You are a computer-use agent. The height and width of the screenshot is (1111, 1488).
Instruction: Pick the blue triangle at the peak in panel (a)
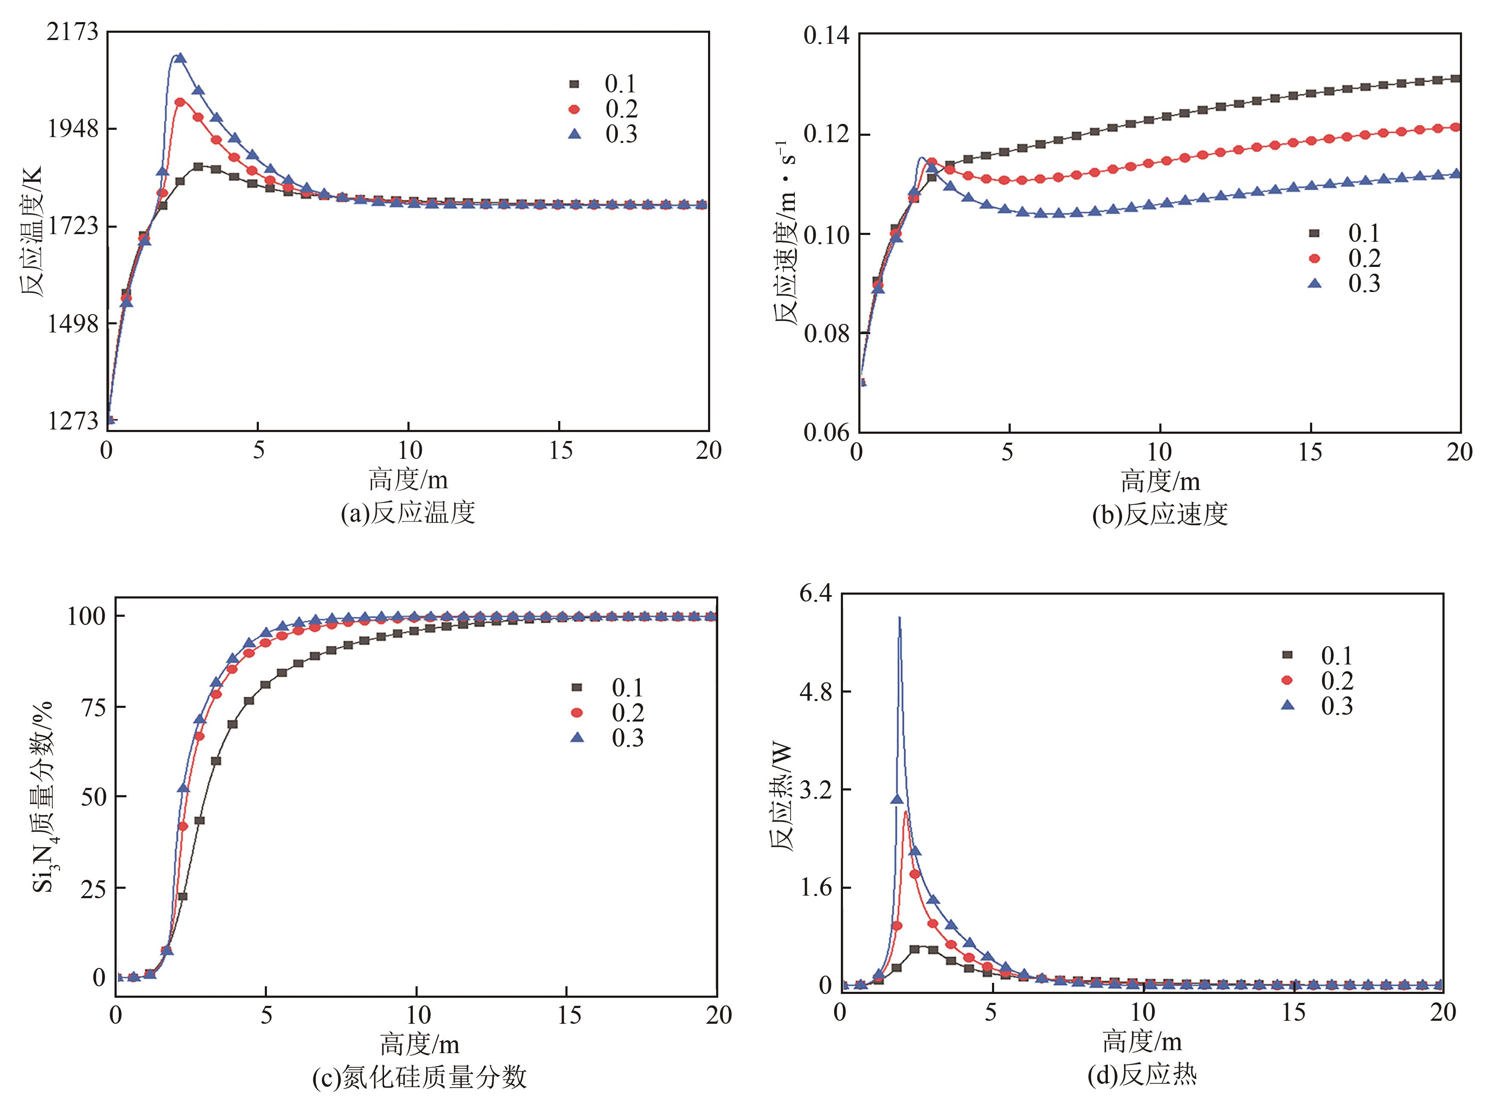click(x=180, y=58)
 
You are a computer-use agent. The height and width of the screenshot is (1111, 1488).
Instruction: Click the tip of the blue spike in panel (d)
click(x=899, y=617)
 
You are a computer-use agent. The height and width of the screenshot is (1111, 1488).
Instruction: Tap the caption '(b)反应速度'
click(x=1160, y=515)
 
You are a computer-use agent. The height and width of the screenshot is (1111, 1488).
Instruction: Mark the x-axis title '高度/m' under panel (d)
click(x=1141, y=1042)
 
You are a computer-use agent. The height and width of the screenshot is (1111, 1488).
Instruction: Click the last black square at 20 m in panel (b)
click(x=1456, y=79)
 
